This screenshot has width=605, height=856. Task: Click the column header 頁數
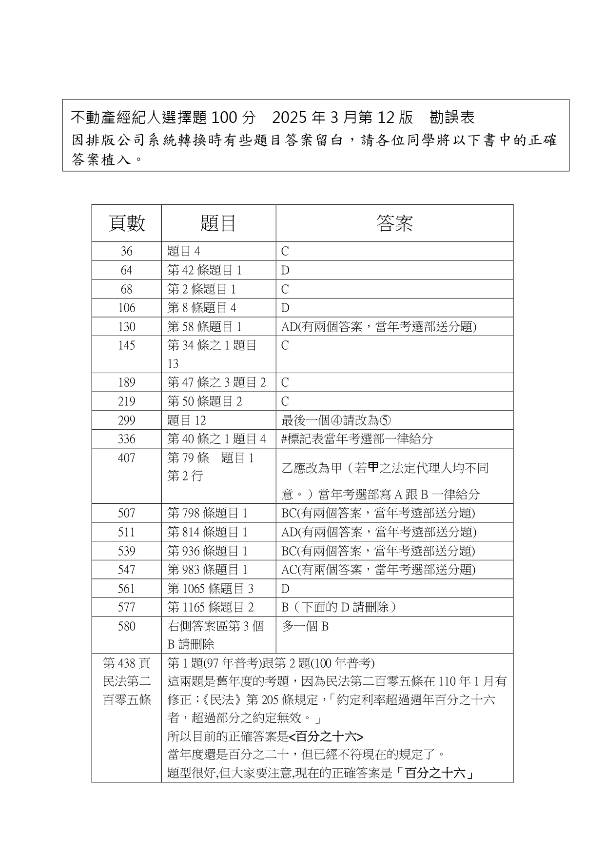[126, 223]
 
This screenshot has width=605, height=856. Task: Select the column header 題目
[218, 223]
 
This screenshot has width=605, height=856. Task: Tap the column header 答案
[394, 223]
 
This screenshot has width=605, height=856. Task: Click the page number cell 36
[126, 251]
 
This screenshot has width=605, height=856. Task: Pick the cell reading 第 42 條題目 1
[204, 270]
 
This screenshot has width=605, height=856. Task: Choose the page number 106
[126, 308]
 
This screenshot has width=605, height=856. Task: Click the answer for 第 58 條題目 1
[378, 327]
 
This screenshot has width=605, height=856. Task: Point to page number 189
[126, 382]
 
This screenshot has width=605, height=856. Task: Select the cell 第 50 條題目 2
[204, 401]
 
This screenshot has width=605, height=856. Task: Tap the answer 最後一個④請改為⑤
[336, 420]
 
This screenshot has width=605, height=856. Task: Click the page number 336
[126, 439]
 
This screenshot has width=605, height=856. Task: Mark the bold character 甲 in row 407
[373, 467]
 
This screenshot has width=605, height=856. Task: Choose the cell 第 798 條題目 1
[207, 513]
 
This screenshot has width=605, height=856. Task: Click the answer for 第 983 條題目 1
[378, 570]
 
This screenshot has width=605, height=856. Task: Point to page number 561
[126, 589]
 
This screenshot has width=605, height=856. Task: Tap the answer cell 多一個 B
[305, 626]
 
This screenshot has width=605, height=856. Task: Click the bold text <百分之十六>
[326, 737]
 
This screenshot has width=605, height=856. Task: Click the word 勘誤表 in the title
[452, 118]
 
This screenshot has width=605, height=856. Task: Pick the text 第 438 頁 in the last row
[126, 663]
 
